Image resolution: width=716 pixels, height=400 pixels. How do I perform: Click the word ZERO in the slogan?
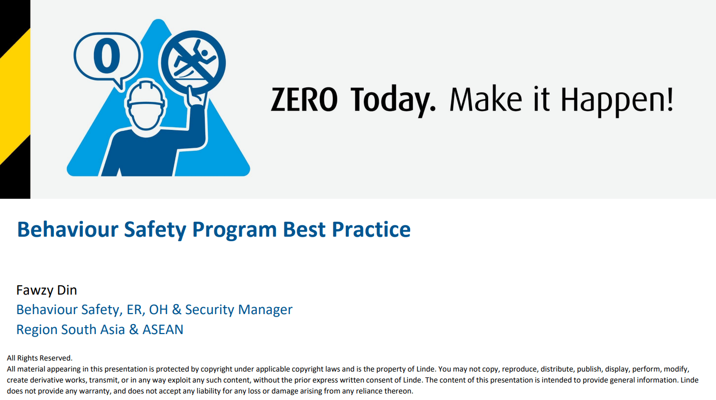(304, 99)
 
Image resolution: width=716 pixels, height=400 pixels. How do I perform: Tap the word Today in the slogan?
(394, 101)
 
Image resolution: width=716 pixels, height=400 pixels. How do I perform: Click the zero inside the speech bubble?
(107, 55)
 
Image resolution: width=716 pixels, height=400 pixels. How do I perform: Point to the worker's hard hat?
(146, 94)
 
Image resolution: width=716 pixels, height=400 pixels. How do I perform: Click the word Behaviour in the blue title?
(68, 229)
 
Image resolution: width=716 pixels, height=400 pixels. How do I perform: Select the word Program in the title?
(234, 231)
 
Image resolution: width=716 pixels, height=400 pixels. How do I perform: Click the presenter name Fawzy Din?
(46, 290)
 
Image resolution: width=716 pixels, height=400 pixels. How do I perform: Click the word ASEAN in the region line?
(163, 330)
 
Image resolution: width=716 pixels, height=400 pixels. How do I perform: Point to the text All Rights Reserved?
(39, 358)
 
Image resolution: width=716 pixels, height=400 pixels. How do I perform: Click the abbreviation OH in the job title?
(158, 310)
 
